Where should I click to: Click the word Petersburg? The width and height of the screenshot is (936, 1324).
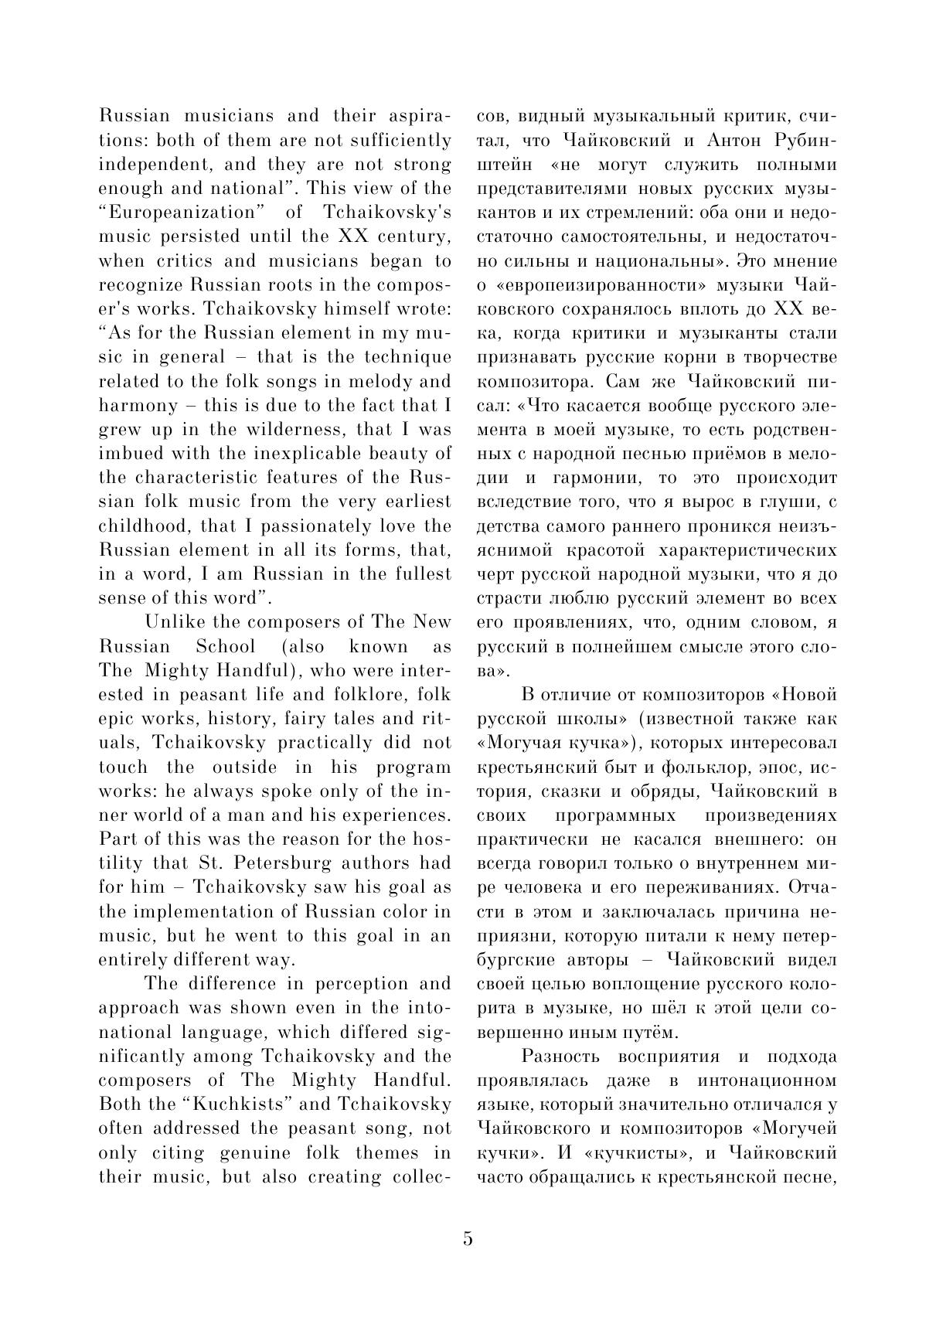click(278, 863)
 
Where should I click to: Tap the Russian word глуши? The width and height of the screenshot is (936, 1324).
click(791, 502)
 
